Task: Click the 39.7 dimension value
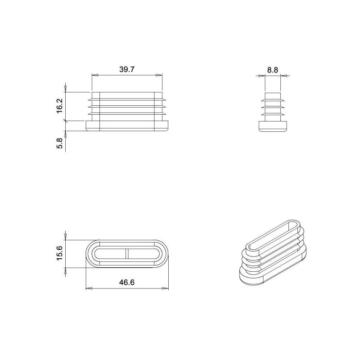click(127, 69)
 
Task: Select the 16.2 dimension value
click(59, 106)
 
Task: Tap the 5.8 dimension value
click(59, 143)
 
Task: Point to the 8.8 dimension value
click(273, 70)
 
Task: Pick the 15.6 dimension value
click(59, 253)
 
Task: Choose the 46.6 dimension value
click(127, 283)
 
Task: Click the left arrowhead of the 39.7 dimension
click(95, 75)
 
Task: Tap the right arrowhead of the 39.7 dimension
click(159, 75)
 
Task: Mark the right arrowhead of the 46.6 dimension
click(165, 288)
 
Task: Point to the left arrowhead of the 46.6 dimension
click(89, 288)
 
